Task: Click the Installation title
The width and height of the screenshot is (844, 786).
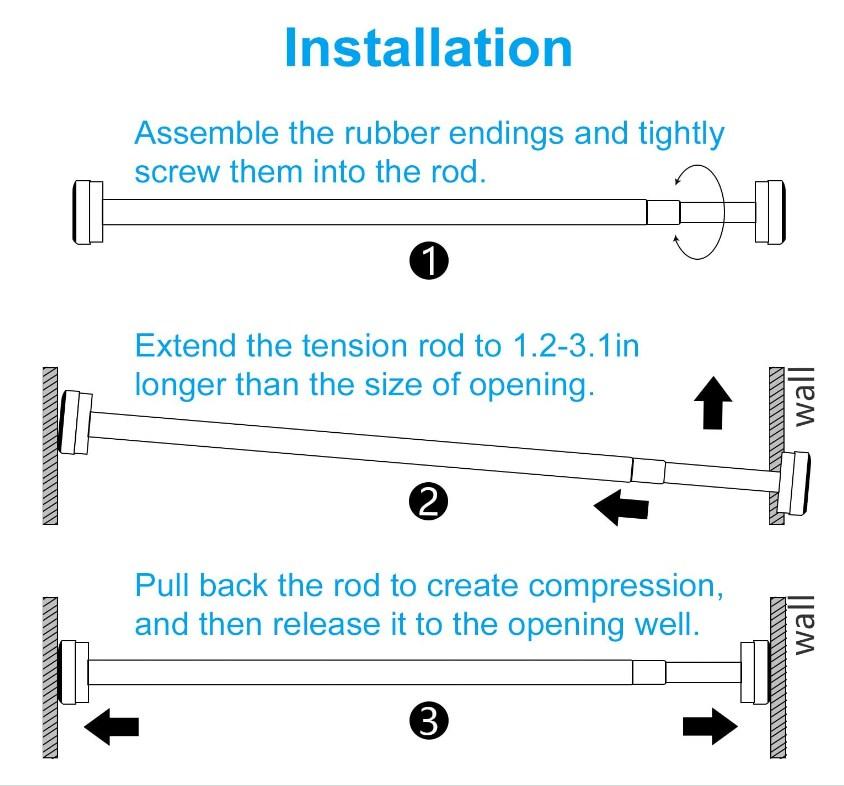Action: pyautogui.click(x=428, y=48)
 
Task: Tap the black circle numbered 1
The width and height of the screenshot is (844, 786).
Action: pyautogui.click(x=428, y=261)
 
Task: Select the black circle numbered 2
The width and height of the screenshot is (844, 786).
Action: pyautogui.click(x=428, y=502)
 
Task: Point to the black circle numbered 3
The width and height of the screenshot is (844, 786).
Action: pyautogui.click(x=428, y=720)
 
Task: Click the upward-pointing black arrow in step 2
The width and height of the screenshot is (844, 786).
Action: pyautogui.click(x=713, y=403)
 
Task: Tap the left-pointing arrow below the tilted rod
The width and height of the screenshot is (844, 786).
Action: pyautogui.click(x=621, y=507)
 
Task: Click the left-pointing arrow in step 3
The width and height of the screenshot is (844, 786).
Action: pyautogui.click(x=111, y=726)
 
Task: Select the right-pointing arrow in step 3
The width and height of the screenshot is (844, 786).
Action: pyautogui.click(x=710, y=726)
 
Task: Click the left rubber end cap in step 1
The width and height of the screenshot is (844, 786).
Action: pyautogui.click(x=87, y=212)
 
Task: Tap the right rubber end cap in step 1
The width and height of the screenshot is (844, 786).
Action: pyautogui.click(x=770, y=212)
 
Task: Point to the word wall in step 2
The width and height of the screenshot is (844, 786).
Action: pyautogui.click(x=805, y=397)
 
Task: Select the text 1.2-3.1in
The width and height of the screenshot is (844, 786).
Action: pyautogui.click(x=576, y=345)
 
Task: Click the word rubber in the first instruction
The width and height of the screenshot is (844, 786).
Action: pyautogui.click(x=391, y=133)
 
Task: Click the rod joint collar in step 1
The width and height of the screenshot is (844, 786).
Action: pyautogui.click(x=663, y=212)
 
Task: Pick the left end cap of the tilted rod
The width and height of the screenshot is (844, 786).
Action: pyautogui.click(x=75, y=422)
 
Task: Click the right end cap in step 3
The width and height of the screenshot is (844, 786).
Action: pyautogui.click(x=755, y=672)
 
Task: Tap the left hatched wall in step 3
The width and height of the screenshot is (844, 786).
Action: pyautogui.click(x=50, y=678)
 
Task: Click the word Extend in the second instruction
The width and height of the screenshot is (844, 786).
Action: pyautogui.click(x=186, y=345)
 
